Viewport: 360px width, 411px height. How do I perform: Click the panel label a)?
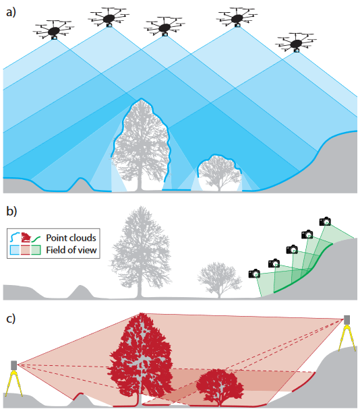pyautogui.click(x=11, y=12)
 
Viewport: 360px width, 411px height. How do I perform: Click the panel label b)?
pyautogui.click(x=11, y=212)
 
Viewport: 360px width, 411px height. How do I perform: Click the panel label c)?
pyautogui.click(x=11, y=319)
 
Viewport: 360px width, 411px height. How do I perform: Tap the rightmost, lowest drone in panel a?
pyautogui.click(x=296, y=42)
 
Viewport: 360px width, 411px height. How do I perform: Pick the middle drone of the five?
pyautogui.click(x=164, y=27)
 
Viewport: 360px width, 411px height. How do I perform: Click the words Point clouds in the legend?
pyautogui.click(x=71, y=238)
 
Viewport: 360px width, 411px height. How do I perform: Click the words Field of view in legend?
pyautogui.click(x=71, y=250)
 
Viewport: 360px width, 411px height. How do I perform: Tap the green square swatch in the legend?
pyautogui.click(x=36, y=250)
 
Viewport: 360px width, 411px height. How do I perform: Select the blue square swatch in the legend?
pyautogui.click(x=15, y=250)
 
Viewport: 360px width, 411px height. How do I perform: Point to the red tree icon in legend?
pyautogui.click(x=26, y=237)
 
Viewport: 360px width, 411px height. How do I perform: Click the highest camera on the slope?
pyautogui.click(x=325, y=222)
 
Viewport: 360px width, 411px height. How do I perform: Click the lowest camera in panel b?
pyautogui.click(x=254, y=274)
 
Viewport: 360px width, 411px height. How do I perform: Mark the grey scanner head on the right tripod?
pyautogui.click(x=347, y=319)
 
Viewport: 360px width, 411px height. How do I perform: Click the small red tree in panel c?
pyautogui.click(x=220, y=386)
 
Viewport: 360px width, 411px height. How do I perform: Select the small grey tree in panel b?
pyautogui.click(x=220, y=280)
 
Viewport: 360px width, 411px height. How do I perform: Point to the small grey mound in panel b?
pyautogui.click(x=81, y=292)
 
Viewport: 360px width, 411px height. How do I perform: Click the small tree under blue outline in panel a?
pyautogui.click(x=220, y=173)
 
